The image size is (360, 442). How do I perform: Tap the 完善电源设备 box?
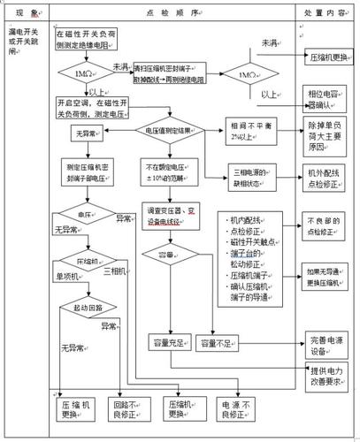point(326,341)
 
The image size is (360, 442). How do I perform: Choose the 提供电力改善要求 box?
point(326,377)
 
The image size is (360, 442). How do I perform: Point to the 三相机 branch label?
point(115,271)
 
